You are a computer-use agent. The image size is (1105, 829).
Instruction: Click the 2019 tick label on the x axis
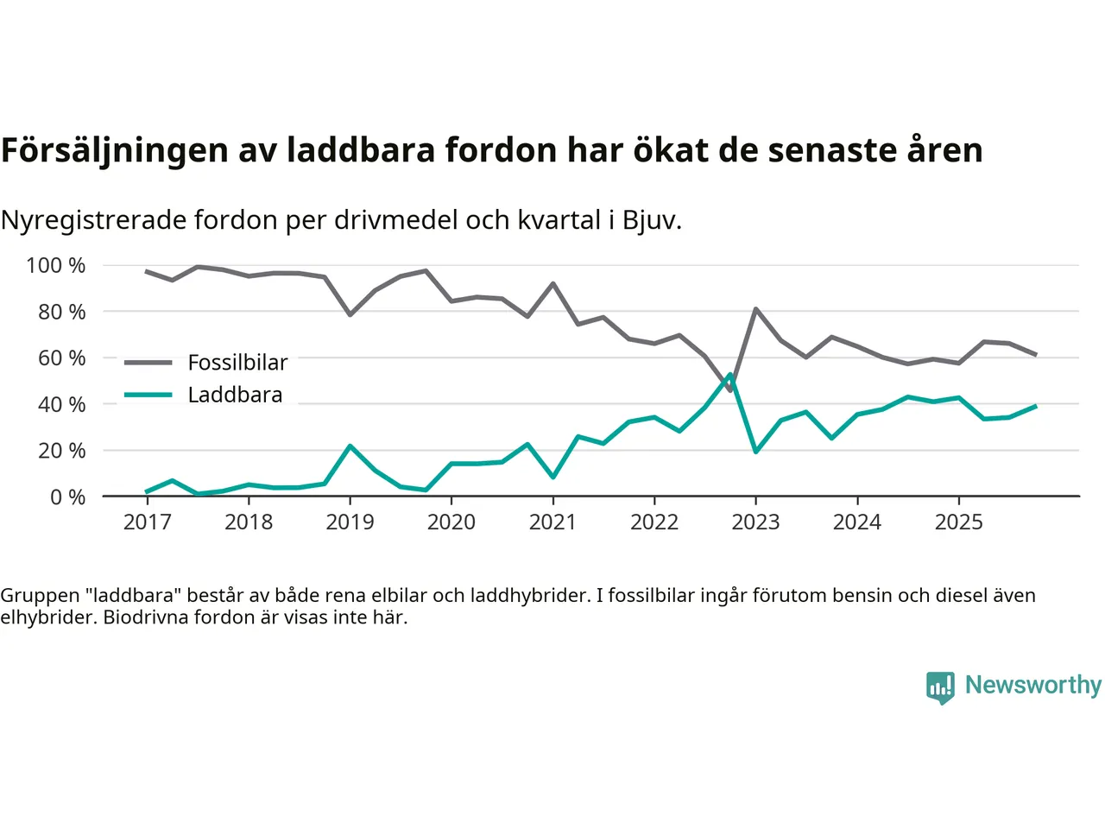coord(350,522)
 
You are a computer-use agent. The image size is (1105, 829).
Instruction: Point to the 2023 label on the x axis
coord(755,522)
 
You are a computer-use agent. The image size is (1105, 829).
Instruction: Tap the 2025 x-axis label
coord(958,522)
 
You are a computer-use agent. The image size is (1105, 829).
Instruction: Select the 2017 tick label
coord(147,522)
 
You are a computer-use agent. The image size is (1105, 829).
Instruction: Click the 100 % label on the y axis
coord(56,265)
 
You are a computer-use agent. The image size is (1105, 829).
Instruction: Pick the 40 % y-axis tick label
coord(61,404)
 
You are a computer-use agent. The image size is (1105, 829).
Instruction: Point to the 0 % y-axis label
coord(67,497)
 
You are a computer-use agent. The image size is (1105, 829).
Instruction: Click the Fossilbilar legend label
coord(237,363)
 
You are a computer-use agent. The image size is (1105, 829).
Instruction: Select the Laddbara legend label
coord(235,395)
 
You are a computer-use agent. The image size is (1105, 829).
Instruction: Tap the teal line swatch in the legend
coord(148,395)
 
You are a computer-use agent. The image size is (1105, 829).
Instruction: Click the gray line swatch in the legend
coord(148,363)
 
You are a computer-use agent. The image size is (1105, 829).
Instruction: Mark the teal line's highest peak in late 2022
coord(730,375)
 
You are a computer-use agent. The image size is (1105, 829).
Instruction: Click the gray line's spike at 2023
coord(755,309)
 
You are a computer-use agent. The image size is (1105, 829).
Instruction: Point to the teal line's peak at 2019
coord(350,446)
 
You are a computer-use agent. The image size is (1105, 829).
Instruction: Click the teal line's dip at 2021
coord(552,477)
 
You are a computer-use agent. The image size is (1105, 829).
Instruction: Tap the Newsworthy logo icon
coord(940,687)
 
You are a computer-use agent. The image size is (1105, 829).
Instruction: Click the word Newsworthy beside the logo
coord(1032,685)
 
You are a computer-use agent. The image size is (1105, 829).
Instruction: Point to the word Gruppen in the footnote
coord(40,595)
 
